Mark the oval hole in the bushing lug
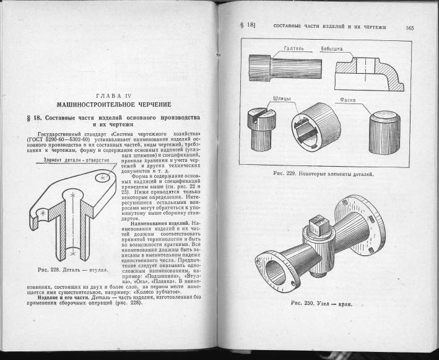pyautogui.click(x=102, y=179)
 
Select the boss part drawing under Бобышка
pyautogui.click(x=367, y=74)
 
